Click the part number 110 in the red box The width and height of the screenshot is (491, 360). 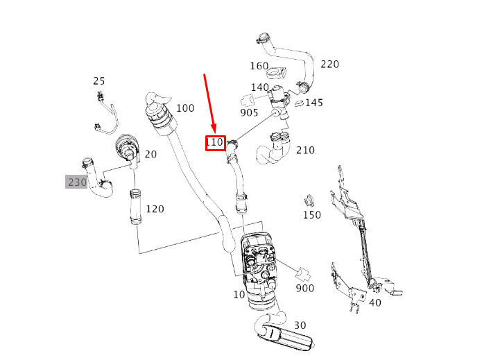215,143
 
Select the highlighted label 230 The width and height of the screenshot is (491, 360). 76,182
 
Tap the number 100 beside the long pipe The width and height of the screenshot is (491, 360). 185,108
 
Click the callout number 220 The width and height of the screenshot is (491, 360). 329,65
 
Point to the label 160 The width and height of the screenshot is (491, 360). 259,67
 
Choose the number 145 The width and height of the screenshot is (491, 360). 314,103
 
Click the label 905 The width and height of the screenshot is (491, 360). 249,112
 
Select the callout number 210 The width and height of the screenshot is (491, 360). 305,150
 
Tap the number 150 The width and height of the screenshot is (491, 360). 312,215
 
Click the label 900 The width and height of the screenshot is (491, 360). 304,288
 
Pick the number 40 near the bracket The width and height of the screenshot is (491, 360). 374,302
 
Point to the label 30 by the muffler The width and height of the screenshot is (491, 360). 300,325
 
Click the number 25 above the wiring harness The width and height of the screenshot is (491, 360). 99,81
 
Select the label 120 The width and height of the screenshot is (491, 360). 155,209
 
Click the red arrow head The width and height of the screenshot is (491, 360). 216,132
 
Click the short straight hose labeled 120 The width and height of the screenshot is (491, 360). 134,208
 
